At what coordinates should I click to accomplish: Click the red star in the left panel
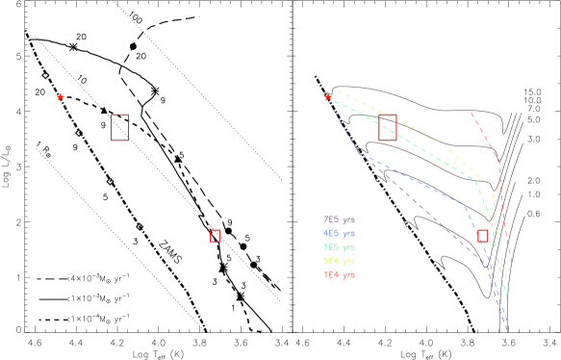tap(60, 97)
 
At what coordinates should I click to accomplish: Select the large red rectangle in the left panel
tap(119, 127)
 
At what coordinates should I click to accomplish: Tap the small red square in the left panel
tap(215, 236)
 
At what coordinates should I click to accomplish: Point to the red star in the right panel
tap(327, 97)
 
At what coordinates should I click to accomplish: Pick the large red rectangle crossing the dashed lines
tap(388, 127)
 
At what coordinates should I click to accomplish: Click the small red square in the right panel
tap(482, 236)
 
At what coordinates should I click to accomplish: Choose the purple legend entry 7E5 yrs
tap(339, 219)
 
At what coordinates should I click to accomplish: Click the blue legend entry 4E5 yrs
tap(339, 233)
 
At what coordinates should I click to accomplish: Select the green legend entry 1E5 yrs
tap(339, 247)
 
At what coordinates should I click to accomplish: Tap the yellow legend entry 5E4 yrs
tap(339, 261)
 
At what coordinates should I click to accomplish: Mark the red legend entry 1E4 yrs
tap(339, 275)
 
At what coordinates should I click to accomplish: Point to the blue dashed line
tap(414, 179)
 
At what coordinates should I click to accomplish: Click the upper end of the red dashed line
tap(472, 114)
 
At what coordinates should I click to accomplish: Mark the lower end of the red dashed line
tap(511, 262)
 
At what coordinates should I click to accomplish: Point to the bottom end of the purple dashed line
tap(506, 332)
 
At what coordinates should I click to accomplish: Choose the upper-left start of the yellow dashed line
tap(334, 89)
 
